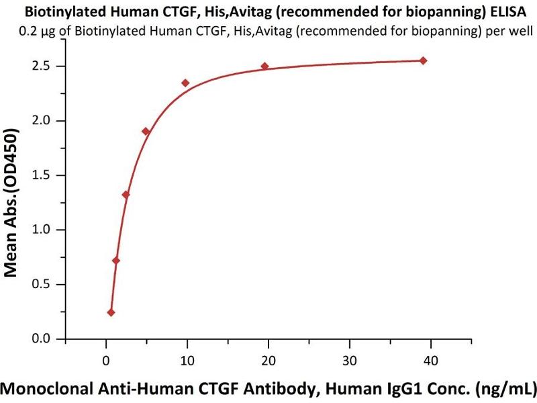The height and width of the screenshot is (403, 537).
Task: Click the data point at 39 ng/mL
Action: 423,60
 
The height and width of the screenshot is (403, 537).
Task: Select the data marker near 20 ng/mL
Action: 264,66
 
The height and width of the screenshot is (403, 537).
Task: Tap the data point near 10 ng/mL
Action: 185,83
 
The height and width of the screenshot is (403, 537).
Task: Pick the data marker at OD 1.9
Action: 146,131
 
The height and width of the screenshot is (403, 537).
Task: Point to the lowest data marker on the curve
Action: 111,312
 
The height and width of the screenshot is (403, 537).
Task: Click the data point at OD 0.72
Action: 115,261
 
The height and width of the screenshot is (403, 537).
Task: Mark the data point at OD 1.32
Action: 126,195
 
